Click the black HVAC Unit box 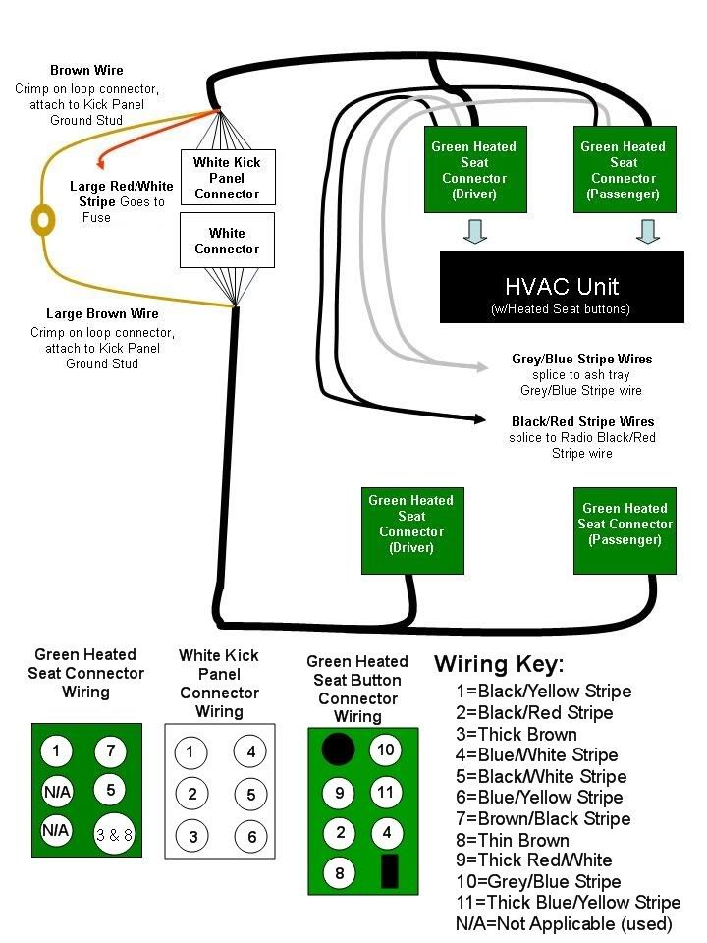tap(561, 287)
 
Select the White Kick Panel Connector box tap(227, 178)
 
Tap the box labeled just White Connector tap(227, 241)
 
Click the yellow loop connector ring tap(43, 219)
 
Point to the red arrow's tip tap(98, 170)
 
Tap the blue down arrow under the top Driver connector tap(475, 233)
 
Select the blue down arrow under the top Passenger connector tap(646, 233)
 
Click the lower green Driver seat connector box tap(411, 530)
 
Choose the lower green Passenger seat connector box tap(626, 531)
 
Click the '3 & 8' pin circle tap(114, 835)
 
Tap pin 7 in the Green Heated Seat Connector tap(111, 752)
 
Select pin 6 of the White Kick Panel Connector tap(250, 837)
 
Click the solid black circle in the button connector tap(338, 750)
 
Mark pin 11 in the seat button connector tap(386, 792)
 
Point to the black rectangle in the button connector tap(389, 870)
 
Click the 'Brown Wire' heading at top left tap(86, 71)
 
